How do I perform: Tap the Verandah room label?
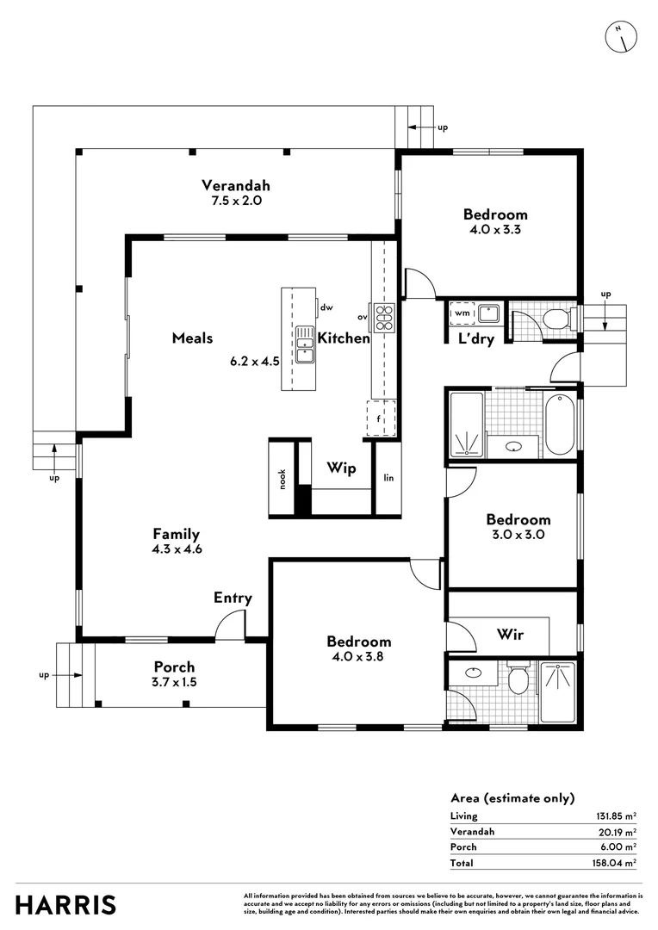(x=236, y=185)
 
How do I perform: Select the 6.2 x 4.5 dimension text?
(x=254, y=362)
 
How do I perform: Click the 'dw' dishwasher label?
(x=326, y=307)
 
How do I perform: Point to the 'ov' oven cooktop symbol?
(x=383, y=317)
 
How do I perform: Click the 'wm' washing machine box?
(x=462, y=313)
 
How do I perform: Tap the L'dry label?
(x=475, y=339)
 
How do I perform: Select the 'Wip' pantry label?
(x=341, y=468)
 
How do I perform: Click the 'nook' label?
(x=282, y=479)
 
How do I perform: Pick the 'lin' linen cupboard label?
(x=388, y=478)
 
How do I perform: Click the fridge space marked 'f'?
(x=380, y=419)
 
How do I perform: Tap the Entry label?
(x=233, y=598)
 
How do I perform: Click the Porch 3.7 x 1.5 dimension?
(x=174, y=682)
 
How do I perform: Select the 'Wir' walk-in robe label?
(x=511, y=635)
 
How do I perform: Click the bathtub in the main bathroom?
(x=559, y=424)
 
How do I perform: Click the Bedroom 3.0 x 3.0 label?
(x=518, y=526)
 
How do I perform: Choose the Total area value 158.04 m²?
(x=618, y=862)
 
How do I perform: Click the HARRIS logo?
(x=66, y=905)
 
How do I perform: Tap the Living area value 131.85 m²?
(x=618, y=815)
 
